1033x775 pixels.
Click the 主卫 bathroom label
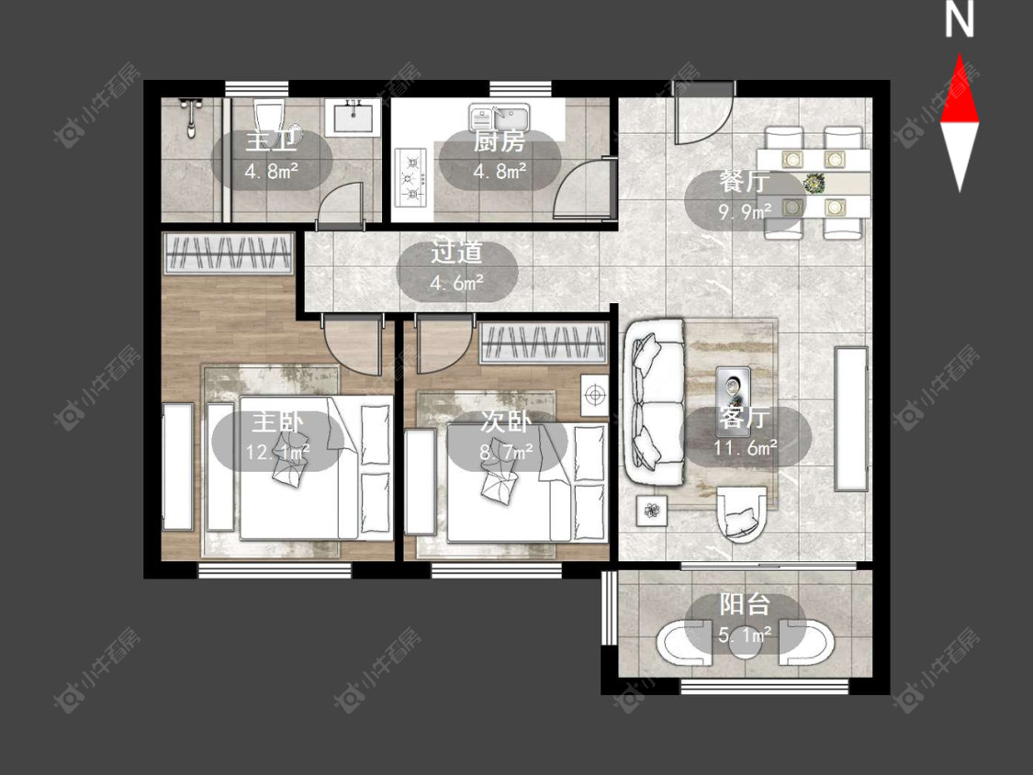point(272,142)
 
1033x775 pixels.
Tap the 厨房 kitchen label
point(500,141)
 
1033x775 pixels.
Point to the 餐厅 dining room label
point(745,183)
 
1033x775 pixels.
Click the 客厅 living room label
point(745,418)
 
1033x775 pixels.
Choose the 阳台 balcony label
point(745,604)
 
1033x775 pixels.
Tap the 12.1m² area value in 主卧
point(277,452)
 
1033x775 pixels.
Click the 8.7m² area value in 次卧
point(507,452)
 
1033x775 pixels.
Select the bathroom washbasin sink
point(352,118)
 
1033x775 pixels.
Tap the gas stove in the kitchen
point(410,177)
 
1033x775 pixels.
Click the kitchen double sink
point(500,119)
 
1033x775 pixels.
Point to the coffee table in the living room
point(734,387)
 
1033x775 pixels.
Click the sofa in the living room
point(657,403)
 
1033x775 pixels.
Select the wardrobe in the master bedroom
point(228,253)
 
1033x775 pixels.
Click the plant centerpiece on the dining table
point(814,184)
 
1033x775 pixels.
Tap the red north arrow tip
point(960,55)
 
